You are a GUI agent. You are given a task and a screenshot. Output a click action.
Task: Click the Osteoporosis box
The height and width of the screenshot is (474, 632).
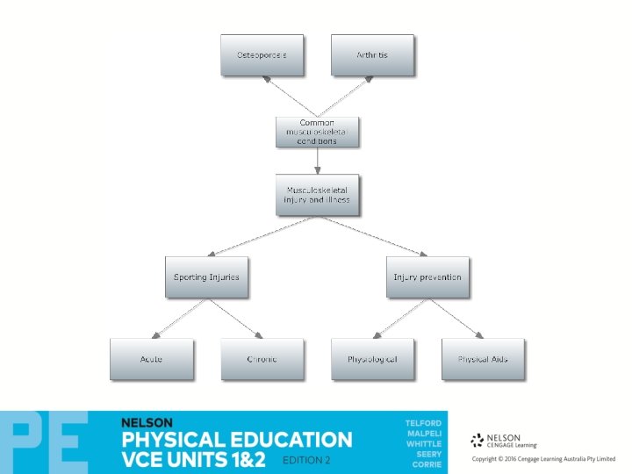[x=262, y=55]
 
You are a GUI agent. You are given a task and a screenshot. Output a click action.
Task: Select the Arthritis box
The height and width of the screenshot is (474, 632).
[x=372, y=55]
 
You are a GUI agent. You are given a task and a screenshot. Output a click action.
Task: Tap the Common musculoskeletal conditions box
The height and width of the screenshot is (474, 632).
[x=317, y=132]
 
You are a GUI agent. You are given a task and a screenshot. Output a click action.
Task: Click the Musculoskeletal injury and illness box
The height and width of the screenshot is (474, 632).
[x=317, y=195]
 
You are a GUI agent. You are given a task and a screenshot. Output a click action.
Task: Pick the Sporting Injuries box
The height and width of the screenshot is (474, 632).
[x=206, y=277]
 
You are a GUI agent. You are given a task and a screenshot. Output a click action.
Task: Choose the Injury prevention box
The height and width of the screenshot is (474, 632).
[x=427, y=277]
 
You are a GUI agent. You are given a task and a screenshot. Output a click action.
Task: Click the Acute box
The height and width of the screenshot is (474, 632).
[x=151, y=360]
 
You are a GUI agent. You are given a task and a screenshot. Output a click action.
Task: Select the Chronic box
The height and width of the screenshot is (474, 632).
[x=262, y=360]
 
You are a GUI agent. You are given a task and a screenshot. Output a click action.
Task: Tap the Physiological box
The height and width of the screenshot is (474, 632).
[x=372, y=360]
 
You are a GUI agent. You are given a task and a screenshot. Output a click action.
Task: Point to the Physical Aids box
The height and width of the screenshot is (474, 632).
[x=483, y=360]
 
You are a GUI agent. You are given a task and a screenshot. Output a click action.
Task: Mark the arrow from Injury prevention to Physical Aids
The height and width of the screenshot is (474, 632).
[x=456, y=319]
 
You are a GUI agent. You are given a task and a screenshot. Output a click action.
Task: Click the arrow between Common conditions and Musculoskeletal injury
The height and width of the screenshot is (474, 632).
[x=317, y=162]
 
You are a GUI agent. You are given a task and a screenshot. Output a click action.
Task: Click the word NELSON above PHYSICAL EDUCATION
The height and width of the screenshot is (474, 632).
[x=148, y=422]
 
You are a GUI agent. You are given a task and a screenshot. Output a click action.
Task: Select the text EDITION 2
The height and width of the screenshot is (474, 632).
[x=306, y=460]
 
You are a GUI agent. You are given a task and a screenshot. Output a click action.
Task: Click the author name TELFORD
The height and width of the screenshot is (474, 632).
[x=423, y=424]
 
